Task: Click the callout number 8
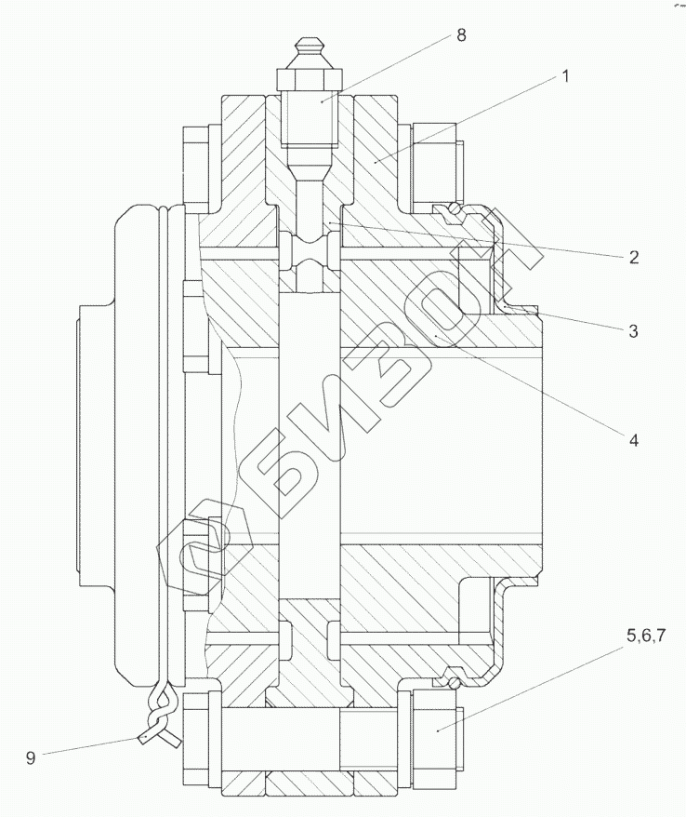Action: tap(461, 35)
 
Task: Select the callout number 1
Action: tap(565, 76)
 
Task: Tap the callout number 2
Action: tap(633, 257)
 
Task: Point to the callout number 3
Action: tap(633, 331)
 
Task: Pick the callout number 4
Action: tap(633, 440)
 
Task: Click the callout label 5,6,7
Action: tap(646, 636)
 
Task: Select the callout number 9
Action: tap(31, 757)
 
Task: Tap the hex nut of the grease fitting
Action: tap(310, 77)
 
